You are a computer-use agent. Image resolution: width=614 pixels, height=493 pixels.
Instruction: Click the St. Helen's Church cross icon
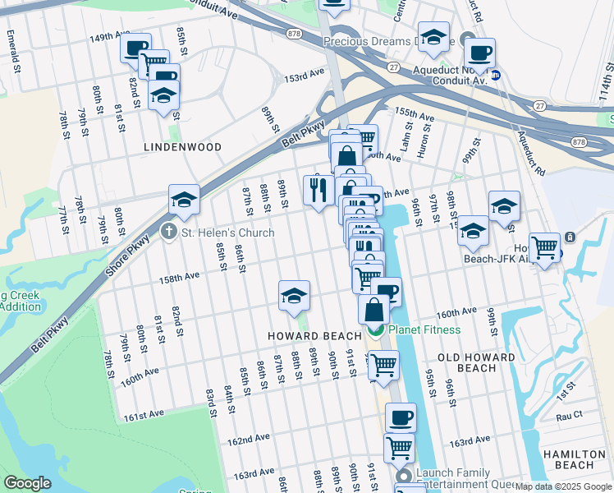point(169,233)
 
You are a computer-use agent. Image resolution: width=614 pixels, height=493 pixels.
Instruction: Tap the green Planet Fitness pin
point(376,330)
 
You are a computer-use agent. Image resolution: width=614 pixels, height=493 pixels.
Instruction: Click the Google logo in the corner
point(27,483)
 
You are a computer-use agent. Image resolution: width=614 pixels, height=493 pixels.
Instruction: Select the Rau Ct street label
point(568,415)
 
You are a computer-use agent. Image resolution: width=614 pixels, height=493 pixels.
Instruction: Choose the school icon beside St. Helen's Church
point(185,200)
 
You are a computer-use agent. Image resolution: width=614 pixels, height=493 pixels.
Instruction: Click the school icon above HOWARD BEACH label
point(294,297)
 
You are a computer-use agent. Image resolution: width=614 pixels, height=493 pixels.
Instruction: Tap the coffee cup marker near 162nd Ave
point(401,417)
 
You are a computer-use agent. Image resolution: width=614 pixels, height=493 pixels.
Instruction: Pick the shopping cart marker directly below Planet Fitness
point(383,366)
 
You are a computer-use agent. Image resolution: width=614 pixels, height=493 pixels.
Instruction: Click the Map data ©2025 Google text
point(563,486)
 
